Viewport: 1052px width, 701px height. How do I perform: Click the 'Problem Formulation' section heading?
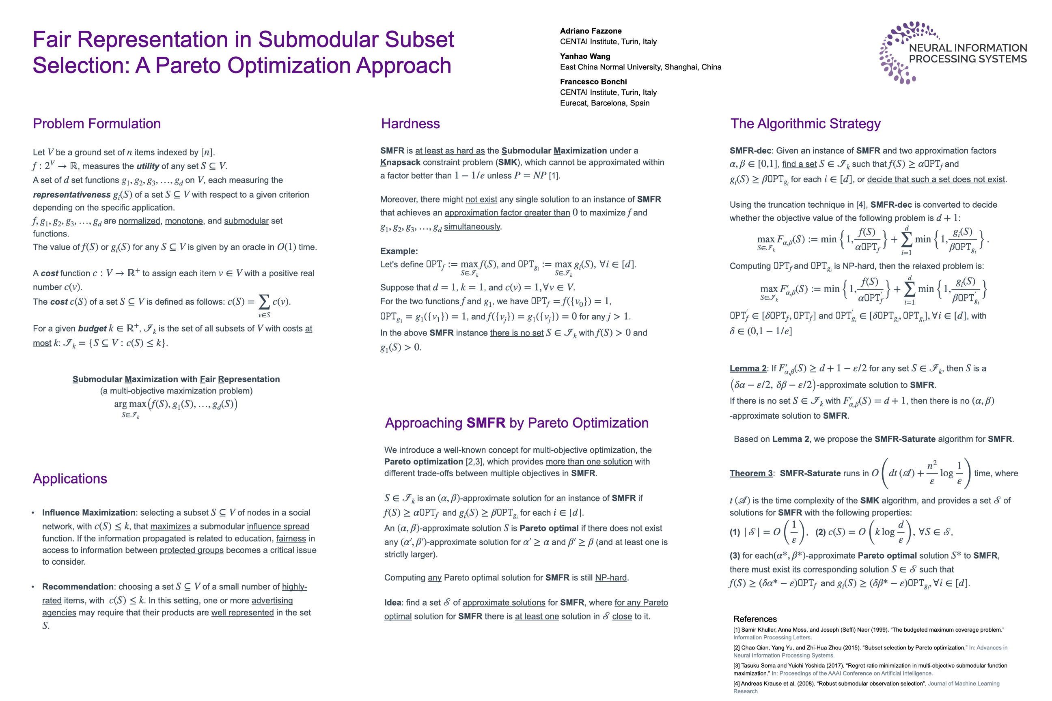pos(97,124)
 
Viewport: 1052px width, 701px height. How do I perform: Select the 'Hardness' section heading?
pos(410,124)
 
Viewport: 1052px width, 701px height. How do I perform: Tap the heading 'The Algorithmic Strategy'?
pos(805,124)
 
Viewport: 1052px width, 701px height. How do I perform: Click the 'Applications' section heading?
pos(70,479)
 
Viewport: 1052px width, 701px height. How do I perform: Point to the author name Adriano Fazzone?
pos(591,31)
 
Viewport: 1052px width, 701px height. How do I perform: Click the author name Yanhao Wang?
pos(585,56)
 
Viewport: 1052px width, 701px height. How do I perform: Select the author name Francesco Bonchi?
pos(593,82)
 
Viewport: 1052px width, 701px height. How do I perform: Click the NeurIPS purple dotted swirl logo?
pos(897,53)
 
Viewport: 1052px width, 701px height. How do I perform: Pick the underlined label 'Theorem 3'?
pos(751,473)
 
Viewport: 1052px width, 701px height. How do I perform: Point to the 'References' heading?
pos(755,619)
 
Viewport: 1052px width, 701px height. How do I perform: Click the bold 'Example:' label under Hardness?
pos(399,251)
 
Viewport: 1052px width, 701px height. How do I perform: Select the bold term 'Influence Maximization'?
pos(88,513)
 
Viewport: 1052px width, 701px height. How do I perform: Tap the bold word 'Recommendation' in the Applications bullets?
pos(78,587)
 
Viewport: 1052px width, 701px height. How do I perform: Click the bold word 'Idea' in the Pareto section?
pos(393,603)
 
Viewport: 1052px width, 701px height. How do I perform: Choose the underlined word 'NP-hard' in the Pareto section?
pos(610,578)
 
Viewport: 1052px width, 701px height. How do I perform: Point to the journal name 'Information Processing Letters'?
pos(772,638)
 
